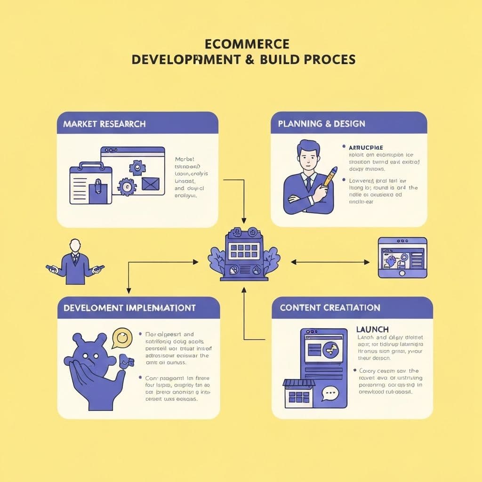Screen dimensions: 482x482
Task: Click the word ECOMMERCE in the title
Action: (247, 44)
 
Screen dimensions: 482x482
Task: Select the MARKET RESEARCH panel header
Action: (104, 124)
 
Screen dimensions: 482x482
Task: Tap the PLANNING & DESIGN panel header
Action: (321, 124)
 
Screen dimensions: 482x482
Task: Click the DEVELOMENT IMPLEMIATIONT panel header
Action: (129, 308)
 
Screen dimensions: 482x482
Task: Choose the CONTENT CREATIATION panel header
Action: (330, 308)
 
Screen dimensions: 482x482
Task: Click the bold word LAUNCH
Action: (372, 329)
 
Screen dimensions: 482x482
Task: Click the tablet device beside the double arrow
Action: (402, 257)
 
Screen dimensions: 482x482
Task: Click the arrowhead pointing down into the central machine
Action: (243, 220)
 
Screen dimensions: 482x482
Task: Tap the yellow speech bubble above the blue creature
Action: (122, 337)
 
